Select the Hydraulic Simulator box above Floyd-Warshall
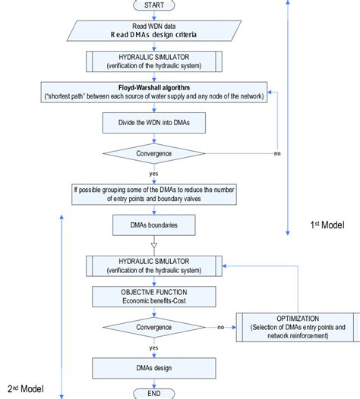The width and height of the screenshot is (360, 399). (155, 61)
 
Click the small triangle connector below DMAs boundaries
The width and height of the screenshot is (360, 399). (155, 245)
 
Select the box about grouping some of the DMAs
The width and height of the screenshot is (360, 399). (155, 193)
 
